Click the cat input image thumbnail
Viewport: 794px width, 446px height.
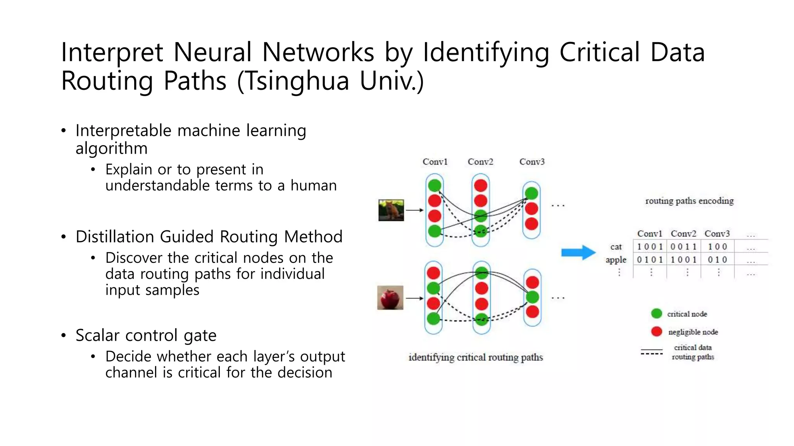point(391,210)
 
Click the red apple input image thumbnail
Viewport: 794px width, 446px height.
point(390,298)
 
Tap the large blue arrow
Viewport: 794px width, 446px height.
point(578,253)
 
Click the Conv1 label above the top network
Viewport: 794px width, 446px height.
point(435,162)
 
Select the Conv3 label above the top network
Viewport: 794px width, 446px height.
point(532,162)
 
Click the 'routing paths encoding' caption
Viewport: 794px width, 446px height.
point(689,201)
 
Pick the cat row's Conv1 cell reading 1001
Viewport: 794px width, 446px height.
point(650,247)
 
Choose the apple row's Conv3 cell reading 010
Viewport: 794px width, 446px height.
point(717,259)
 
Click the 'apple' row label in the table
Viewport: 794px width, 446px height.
point(616,260)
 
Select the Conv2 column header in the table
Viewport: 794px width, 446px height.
point(684,234)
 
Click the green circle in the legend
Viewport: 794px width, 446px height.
point(656,314)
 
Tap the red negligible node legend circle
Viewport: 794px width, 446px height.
point(656,331)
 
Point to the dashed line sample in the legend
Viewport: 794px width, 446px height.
point(652,354)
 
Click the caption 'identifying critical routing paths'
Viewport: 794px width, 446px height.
point(476,357)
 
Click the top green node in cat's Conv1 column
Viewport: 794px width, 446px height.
point(435,185)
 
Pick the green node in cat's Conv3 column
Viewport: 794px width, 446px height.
point(531,193)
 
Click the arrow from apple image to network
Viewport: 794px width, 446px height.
point(414,298)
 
